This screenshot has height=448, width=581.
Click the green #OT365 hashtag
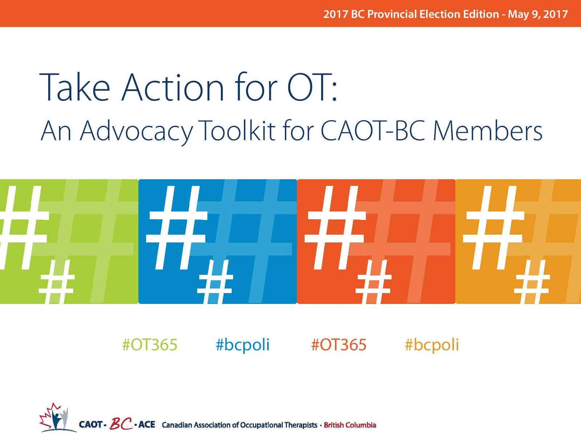coord(150,345)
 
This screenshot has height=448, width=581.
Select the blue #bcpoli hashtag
coord(243,345)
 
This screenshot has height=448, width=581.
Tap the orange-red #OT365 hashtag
coord(339,345)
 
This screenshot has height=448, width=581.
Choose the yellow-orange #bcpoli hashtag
coord(432,345)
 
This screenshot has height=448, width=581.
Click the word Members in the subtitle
coord(488,130)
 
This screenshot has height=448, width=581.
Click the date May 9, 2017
coord(537,14)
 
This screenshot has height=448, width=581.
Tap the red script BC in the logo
coord(121,423)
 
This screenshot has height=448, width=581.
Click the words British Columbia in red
coord(350,425)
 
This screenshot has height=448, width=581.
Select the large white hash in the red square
coord(336,228)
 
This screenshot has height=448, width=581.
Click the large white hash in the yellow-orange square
coord(494,228)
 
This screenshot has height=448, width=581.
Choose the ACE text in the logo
coord(147,424)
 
